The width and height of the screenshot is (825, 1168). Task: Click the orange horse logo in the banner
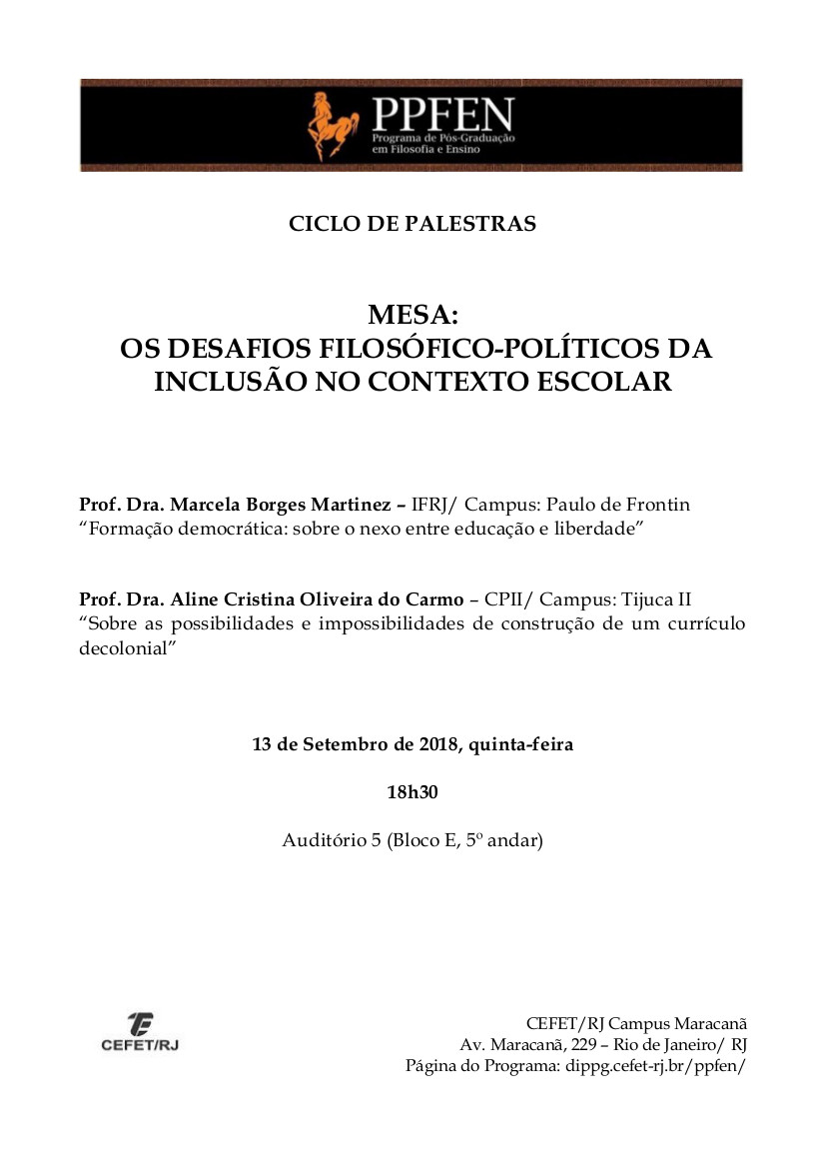click(x=331, y=125)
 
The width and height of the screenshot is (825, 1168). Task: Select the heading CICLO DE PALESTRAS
click(x=412, y=224)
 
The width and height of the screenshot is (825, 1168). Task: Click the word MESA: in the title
click(x=412, y=316)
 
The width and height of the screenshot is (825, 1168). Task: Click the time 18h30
click(x=412, y=792)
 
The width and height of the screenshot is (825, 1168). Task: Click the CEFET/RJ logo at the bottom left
click(x=140, y=1031)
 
